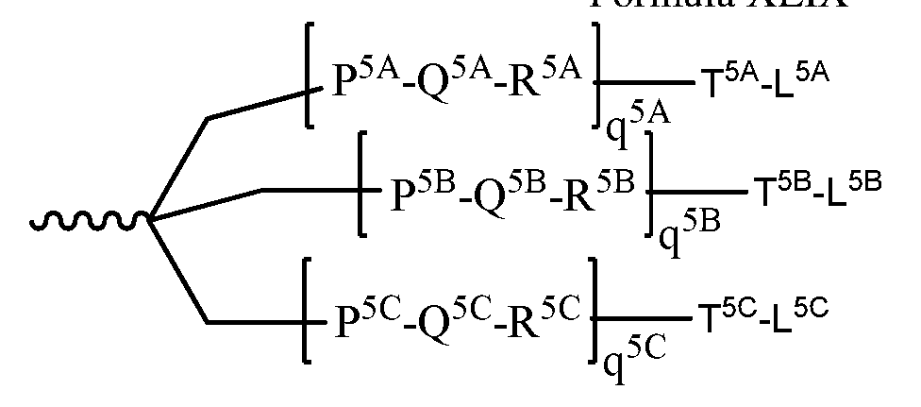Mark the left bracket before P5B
(x=363, y=184)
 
